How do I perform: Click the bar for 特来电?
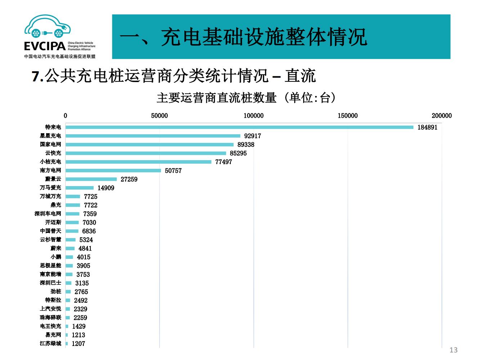[239, 127]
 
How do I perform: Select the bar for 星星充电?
[153, 136]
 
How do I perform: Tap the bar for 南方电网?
[113, 170]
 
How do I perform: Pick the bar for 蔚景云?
[91, 179]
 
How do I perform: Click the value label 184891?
[427, 127]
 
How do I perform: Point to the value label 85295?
[238, 153]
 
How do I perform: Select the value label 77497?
[223, 162]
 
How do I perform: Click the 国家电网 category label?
[50, 144]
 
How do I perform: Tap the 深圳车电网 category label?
[48, 213]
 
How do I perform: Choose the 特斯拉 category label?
[53, 300]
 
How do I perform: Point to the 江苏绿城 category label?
[50, 343]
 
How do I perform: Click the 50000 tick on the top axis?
[159, 116]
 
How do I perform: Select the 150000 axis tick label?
[347, 116]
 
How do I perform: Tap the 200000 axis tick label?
[441, 116]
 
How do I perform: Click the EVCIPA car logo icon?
[48, 27]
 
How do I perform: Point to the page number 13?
[453, 350]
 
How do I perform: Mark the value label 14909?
[106, 188]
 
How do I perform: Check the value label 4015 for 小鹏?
[84, 257]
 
